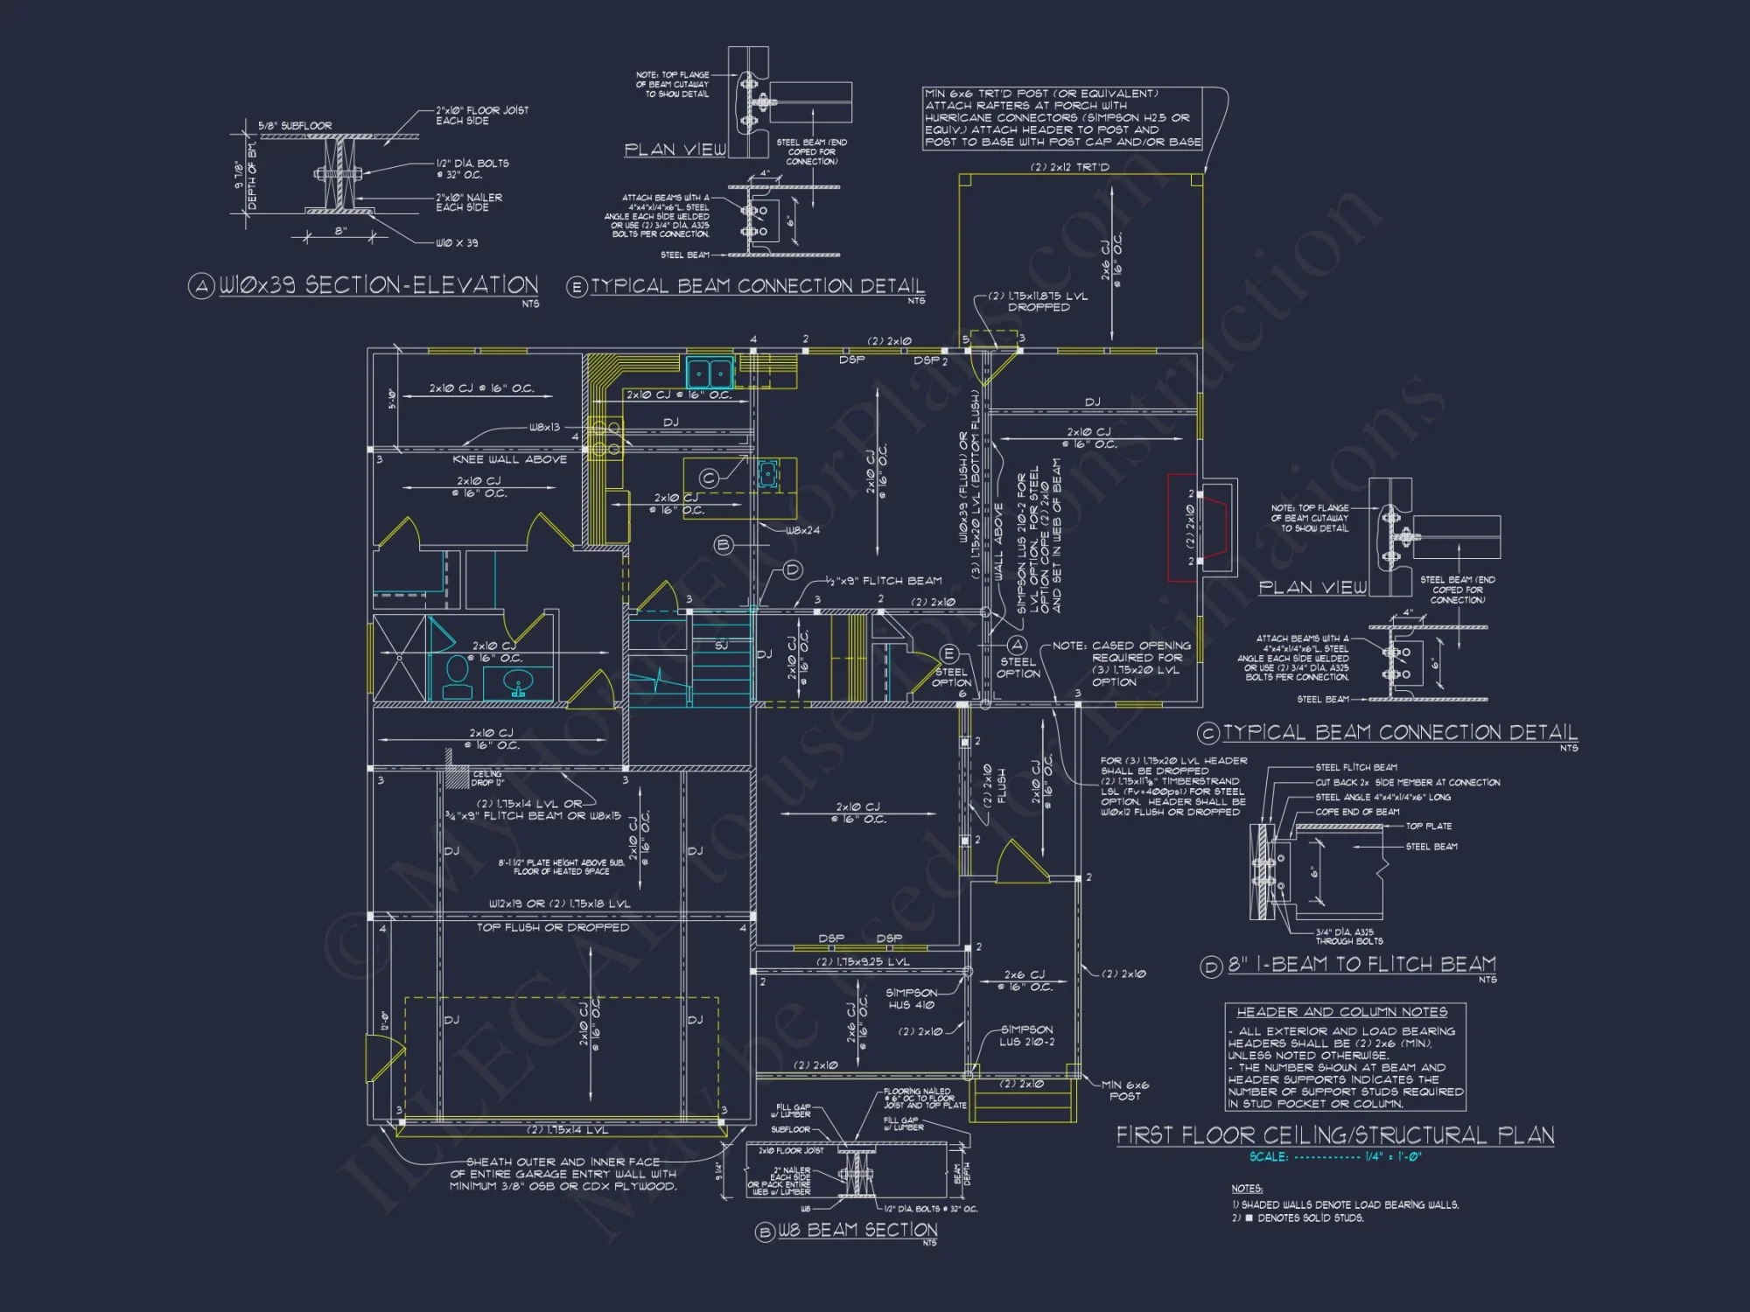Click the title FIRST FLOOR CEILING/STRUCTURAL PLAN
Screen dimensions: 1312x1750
pos(1334,1135)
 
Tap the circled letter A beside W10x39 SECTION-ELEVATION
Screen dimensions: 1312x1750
pos(201,286)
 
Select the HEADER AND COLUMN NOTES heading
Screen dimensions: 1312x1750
pos(1341,1012)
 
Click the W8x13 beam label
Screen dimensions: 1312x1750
pos(543,428)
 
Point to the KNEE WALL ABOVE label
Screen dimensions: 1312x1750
pos(509,459)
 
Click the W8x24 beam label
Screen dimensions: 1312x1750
pos(802,531)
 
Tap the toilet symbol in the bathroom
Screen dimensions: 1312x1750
pos(457,676)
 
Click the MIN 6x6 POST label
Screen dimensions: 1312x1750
pos(1124,1090)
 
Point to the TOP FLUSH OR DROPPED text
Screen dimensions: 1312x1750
pos(552,927)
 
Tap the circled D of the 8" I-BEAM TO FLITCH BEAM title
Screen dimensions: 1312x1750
pos(1211,967)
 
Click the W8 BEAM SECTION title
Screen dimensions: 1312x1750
pos(857,1231)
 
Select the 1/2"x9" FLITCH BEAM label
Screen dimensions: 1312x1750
pos(884,581)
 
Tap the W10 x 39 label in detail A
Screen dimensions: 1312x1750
pos(457,243)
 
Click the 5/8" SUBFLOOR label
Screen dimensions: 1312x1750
pos(295,126)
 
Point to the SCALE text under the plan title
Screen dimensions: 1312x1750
pos(1268,1157)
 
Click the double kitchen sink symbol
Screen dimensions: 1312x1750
pos(710,373)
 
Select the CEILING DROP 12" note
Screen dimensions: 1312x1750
pos(487,778)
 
